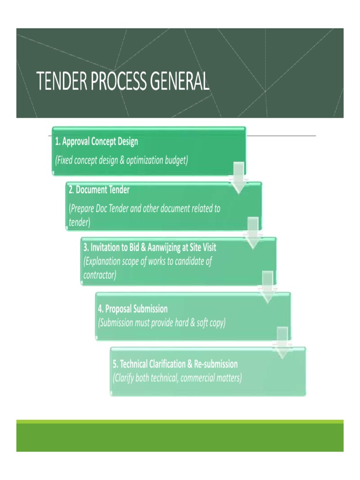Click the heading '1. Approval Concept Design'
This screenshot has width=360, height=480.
tap(97, 141)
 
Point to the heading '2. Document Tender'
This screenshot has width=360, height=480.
tap(99, 190)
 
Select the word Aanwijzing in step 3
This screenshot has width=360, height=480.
tap(161, 247)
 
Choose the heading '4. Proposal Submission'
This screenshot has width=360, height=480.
tap(133, 309)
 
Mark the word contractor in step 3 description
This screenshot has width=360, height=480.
tap(99, 275)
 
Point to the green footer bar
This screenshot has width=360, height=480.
tap(180, 436)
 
